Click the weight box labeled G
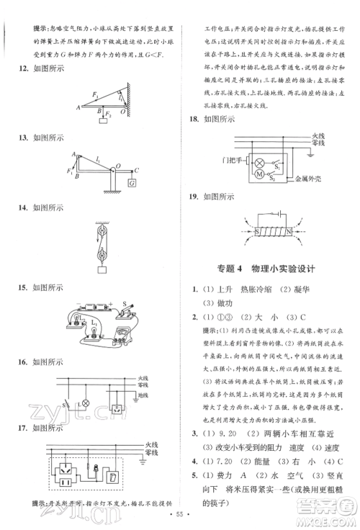(132, 184)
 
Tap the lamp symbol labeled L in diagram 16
(86, 403)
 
